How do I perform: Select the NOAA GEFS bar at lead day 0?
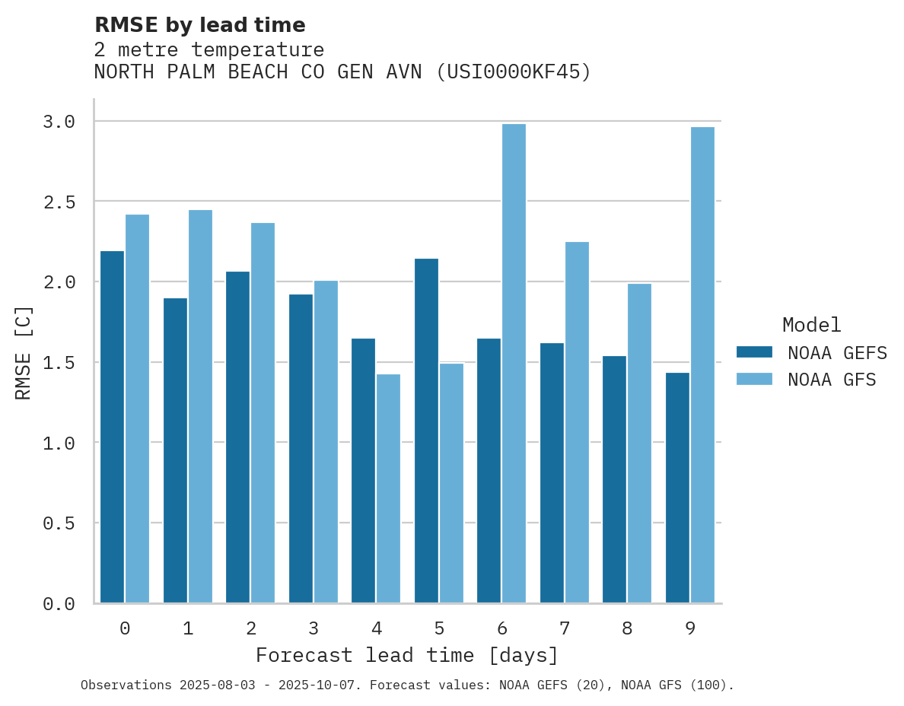[112, 427]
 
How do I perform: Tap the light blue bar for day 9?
[702, 365]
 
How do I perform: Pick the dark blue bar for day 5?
[426, 431]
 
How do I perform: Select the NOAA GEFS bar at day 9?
[677, 488]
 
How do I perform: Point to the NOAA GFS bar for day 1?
[200, 406]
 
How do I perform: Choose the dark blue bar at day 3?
[301, 448]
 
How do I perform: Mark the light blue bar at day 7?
[577, 422]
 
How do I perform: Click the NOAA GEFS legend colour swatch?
[754, 352]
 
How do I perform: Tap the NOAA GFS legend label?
[832, 380]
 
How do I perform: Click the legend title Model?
[811, 325]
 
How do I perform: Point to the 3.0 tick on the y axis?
[59, 122]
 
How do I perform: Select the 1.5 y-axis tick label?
[59, 363]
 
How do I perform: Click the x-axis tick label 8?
[627, 628]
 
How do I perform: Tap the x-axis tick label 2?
[250, 628]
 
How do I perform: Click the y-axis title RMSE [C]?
[24, 352]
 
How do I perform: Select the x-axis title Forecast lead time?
[407, 655]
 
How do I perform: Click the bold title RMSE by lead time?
[199, 25]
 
